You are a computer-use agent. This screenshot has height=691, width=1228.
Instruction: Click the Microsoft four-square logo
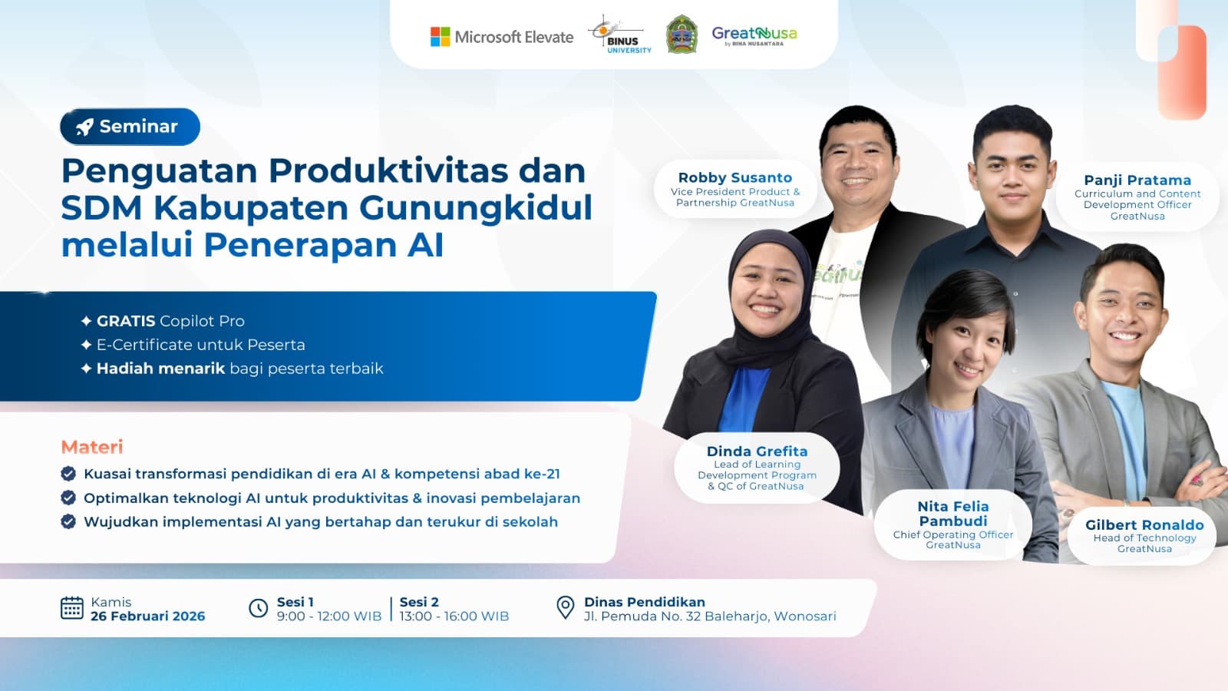click(440, 37)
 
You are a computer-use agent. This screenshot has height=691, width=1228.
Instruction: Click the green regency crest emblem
click(681, 35)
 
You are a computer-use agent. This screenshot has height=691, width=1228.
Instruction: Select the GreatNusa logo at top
click(754, 35)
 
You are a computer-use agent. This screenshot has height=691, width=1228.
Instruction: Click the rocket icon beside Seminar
click(84, 127)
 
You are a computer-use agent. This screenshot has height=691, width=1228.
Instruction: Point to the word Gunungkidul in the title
click(476, 207)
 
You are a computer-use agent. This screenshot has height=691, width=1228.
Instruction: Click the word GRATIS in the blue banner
click(126, 321)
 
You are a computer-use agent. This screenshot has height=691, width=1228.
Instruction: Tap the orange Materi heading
click(92, 447)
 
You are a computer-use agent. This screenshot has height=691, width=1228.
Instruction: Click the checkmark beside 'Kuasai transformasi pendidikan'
click(68, 474)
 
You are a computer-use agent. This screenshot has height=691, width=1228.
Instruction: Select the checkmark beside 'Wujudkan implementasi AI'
click(68, 522)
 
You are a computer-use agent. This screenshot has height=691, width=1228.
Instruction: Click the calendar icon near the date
click(71, 608)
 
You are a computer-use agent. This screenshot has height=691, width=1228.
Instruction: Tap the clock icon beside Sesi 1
click(259, 608)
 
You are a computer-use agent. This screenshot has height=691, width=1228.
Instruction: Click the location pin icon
click(565, 607)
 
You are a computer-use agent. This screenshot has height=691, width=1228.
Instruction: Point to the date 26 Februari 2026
click(147, 616)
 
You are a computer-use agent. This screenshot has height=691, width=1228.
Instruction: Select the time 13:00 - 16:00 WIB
click(454, 616)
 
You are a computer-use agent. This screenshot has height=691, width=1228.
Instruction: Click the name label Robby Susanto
click(734, 177)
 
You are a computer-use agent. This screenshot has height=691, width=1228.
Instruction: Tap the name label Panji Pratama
click(1137, 180)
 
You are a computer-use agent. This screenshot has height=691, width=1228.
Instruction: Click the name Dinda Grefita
click(757, 451)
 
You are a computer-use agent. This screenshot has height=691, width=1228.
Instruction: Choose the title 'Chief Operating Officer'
click(952, 534)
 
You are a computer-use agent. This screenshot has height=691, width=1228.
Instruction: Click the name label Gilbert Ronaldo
click(1144, 525)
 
